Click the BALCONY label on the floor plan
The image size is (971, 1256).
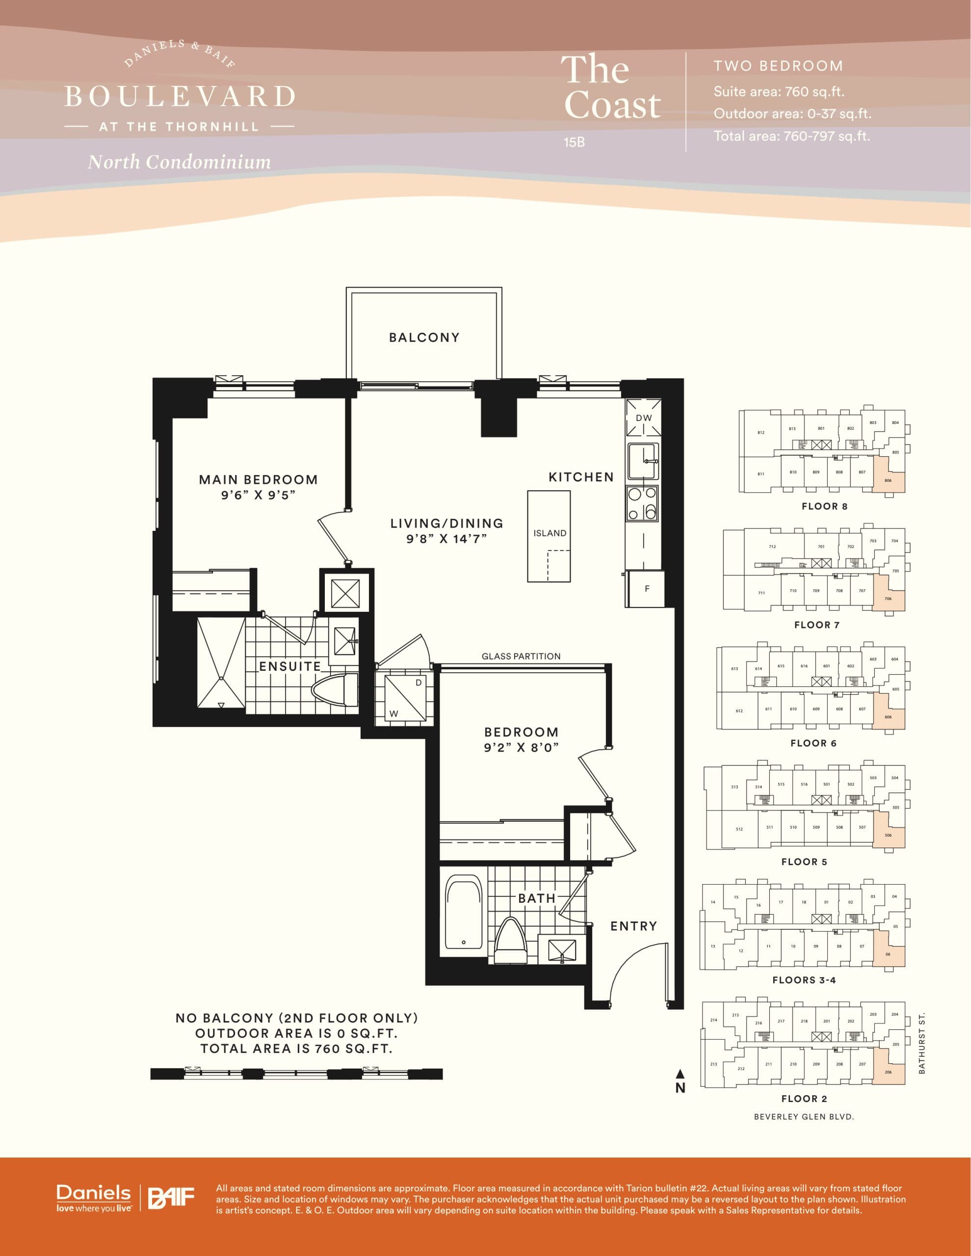click(424, 338)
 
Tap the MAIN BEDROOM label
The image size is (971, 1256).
click(258, 480)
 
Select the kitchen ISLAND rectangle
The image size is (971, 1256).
click(550, 535)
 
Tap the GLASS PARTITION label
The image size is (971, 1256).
click(521, 656)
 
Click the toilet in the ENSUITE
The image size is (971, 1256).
click(335, 689)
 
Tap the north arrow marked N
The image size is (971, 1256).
click(680, 1082)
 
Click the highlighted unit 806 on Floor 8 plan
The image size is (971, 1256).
click(889, 478)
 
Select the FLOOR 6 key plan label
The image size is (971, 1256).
click(813, 743)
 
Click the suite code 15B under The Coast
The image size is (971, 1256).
click(574, 142)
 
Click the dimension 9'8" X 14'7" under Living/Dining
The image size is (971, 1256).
click(446, 539)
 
